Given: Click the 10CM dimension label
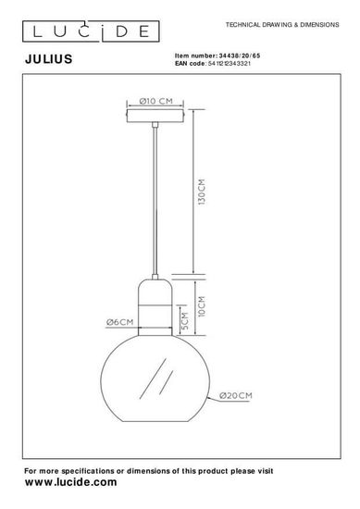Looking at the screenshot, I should pos(203,304).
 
